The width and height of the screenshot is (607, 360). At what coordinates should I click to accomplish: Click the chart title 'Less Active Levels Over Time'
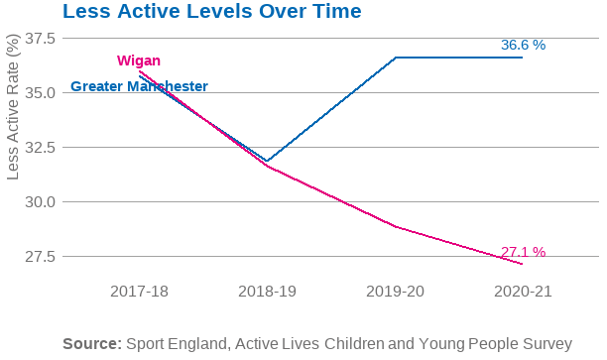click(x=211, y=13)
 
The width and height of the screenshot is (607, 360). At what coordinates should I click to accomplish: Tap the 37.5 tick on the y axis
click(x=40, y=38)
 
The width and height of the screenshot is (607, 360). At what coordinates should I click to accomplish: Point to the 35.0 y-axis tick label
click(x=40, y=92)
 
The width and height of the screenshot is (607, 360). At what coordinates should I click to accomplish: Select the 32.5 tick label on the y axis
click(x=40, y=147)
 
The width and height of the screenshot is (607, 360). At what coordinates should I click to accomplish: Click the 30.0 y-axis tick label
click(x=40, y=201)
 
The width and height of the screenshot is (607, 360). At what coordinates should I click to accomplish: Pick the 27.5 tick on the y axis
click(x=40, y=256)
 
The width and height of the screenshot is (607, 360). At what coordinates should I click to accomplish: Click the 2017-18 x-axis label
click(x=140, y=293)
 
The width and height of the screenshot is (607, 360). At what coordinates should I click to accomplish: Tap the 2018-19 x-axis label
click(x=268, y=293)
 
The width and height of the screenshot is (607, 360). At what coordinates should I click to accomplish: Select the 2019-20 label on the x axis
click(x=395, y=293)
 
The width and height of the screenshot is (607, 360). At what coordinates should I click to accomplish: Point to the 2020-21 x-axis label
click(x=522, y=293)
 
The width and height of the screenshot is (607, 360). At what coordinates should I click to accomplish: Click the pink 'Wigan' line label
click(x=138, y=61)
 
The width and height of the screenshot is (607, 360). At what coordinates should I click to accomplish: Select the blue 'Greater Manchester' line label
click(x=139, y=86)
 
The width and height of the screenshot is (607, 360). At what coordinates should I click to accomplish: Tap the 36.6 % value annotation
click(x=523, y=46)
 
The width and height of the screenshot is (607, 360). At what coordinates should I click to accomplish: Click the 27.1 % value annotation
click(x=523, y=252)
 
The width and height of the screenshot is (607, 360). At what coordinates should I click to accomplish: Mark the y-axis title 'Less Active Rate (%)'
click(x=13, y=109)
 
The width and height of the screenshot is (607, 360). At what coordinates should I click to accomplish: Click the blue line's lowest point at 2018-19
click(x=267, y=161)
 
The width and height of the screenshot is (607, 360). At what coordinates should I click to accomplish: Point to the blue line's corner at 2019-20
click(x=396, y=58)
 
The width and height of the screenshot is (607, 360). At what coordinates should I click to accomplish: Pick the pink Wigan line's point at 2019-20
click(x=396, y=226)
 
